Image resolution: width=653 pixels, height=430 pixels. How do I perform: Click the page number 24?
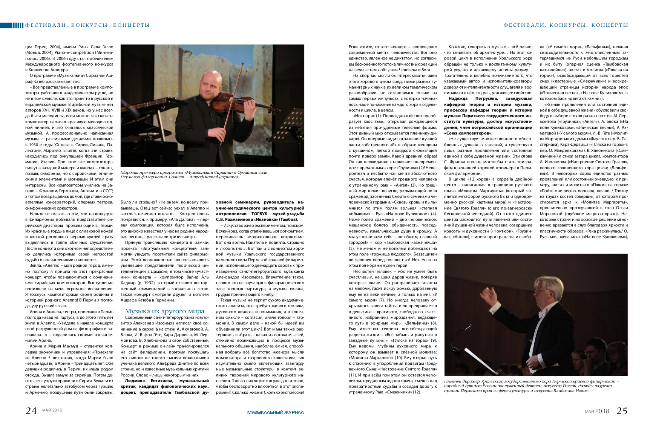[x=31, y=411]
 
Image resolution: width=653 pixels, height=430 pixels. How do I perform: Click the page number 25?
[x=622, y=411]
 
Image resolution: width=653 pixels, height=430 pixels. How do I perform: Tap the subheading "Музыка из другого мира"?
[x=164, y=311]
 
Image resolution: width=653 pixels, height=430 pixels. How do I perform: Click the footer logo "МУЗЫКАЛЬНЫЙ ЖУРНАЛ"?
[x=275, y=412]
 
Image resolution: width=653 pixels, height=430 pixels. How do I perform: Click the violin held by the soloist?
[x=245, y=104]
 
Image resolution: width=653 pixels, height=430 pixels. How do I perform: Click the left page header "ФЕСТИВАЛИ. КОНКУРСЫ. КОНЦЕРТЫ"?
[x=87, y=25]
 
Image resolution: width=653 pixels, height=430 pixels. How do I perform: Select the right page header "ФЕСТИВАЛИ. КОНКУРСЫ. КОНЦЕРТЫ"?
[x=566, y=25]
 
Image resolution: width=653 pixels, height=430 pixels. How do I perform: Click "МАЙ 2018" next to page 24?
[x=52, y=410]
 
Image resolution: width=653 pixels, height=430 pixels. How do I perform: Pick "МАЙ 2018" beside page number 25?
[x=597, y=411]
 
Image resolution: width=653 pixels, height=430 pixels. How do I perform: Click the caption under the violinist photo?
[x=194, y=174]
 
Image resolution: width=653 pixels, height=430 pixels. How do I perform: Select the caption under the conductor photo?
[x=532, y=386]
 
